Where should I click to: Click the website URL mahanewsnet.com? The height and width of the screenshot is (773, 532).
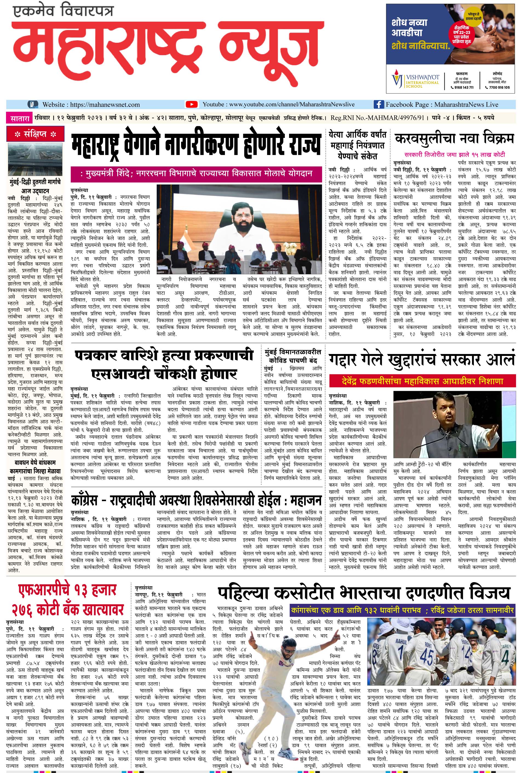pos(105,104)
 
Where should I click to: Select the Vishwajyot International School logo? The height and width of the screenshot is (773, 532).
pos(415,80)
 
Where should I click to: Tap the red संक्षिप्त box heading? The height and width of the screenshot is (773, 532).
pos(35,134)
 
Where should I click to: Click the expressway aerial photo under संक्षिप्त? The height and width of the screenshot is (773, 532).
pos(35,159)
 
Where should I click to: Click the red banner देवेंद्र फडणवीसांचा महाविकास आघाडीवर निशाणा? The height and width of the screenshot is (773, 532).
pos(422,381)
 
